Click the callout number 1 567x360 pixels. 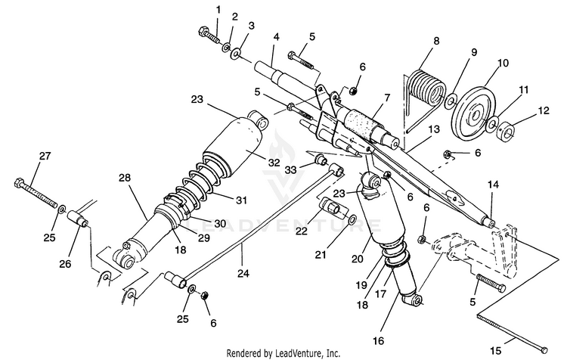point(218,10)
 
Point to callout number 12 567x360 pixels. point(544,110)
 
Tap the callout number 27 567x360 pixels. point(45,156)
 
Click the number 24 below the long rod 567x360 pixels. point(243,273)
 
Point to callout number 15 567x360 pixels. point(496,350)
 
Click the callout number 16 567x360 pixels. point(378,340)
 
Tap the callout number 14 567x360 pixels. point(493,185)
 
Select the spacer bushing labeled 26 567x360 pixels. point(78,218)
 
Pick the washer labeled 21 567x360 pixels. point(352,220)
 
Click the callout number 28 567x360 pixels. point(125,178)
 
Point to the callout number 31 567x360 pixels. point(242,200)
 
